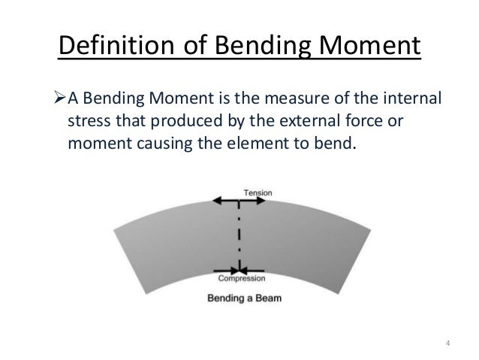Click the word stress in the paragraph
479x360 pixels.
pyautogui.click(x=86, y=123)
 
